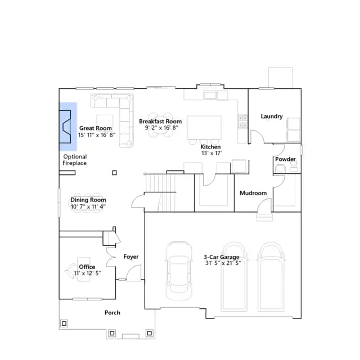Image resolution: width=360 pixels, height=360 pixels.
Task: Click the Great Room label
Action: [x=96, y=128]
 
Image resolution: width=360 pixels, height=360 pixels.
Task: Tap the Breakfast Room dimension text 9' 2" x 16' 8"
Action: [x=161, y=128]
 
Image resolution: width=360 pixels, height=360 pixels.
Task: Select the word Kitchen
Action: [x=210, y=147]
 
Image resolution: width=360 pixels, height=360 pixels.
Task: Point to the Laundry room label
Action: [x=272, y=116]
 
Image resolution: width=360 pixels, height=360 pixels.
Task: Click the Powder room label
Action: [x=285, y=159]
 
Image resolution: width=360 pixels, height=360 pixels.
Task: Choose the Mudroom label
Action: [x=253, y=193]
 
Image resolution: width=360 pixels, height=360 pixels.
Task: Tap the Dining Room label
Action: [x=88, y=200]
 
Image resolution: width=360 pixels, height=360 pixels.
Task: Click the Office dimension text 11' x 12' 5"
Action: [x=88, y=273]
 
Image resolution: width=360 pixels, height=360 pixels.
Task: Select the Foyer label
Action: [x=131, y=256]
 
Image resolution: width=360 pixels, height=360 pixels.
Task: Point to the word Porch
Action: [x=112, y=313]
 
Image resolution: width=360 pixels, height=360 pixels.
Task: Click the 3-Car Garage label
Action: [x=221, y=257]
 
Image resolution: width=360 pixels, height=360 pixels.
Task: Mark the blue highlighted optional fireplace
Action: [x=68, y=127]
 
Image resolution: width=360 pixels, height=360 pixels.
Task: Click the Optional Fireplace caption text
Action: [x=75, y=160]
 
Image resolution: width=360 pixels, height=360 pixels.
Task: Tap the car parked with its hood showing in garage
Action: [x=179, y=271]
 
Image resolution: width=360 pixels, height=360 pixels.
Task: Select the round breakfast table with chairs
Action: [x=160, y=125]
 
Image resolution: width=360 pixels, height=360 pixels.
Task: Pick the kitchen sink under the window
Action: [x=210, y=95]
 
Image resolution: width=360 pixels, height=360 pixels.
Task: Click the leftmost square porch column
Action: [x=64, y=323]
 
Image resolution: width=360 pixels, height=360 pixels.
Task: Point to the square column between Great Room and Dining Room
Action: [x=114, y=173]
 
